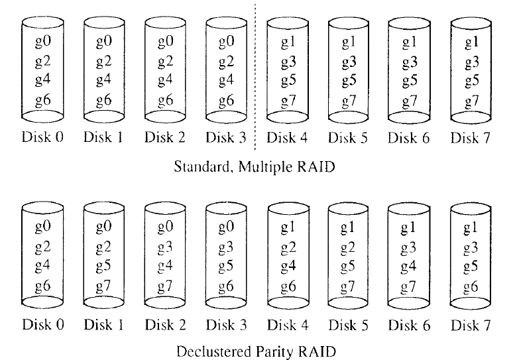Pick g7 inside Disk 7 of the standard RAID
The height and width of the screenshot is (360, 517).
pyautogui.click(x=471, y=101)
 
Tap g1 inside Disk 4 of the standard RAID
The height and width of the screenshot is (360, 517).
pyautogui.click(x=287, y=42)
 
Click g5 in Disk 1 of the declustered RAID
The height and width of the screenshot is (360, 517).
pyautogui.click(x=103, y=267)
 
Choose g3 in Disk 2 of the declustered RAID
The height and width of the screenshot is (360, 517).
pyautogui.click(x=164, y=248)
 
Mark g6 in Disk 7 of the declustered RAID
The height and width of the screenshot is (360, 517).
pyautogui.click(x=471, y=286)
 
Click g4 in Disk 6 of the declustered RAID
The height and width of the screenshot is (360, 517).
pyautogui.click(x=410, y=267)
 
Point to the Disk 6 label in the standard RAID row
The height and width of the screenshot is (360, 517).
pyautogui.click(x=410, y=138)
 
